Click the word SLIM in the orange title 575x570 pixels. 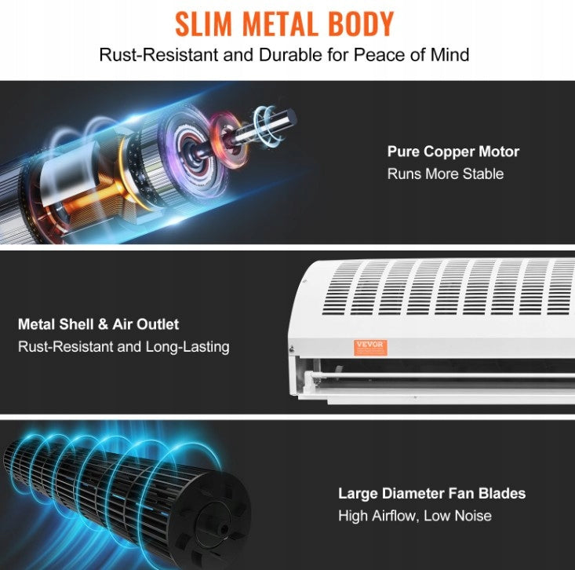[203, 24]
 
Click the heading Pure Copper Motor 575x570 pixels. [453, 152]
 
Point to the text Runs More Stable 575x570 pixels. [446, 174]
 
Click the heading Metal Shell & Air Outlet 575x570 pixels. [98, 324]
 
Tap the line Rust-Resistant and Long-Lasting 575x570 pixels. [124, 347]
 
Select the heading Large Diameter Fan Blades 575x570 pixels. [431, 493]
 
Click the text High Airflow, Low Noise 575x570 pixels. [415, 516]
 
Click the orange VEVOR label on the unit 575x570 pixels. [370, 347]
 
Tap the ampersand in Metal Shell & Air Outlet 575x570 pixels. [103, 324]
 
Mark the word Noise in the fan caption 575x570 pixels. [473, 516]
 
